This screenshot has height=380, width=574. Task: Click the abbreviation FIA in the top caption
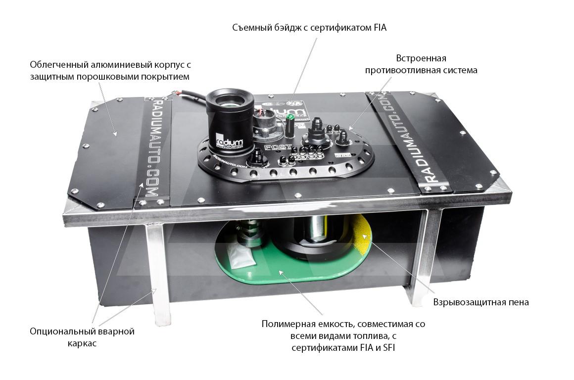pos(378,28)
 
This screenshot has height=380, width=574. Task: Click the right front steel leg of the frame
pos(421,257)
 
